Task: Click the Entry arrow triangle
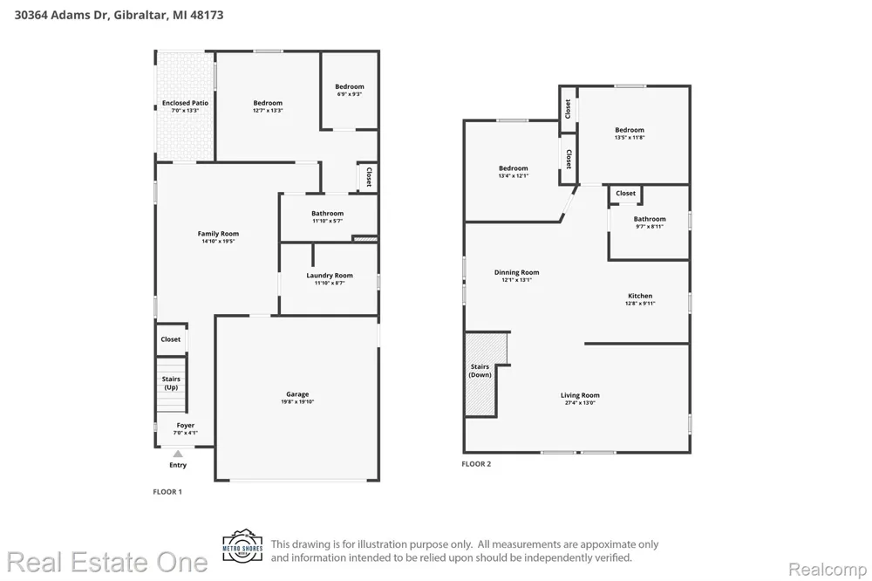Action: tap(177, 454)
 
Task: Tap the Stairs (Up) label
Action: tap(171, 383)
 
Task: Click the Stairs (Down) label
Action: tap(480, 371)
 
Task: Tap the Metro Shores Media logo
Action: tap(242, 546)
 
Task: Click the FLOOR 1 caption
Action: tap(167, 491)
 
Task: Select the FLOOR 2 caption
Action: tap(476, 463)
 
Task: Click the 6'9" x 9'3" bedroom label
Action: tap(350, 90)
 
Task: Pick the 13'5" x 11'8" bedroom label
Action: tap(630, 133)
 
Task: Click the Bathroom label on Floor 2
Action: tap(650, 222)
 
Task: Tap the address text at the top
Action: tap(119, 15)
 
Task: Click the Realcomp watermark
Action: tap(828, 570)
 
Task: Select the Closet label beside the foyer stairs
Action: tap(171, 338)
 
